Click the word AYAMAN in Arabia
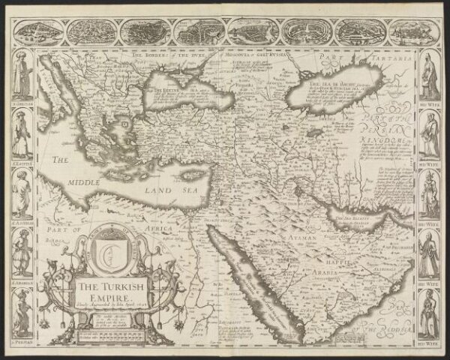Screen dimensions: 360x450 300,238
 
